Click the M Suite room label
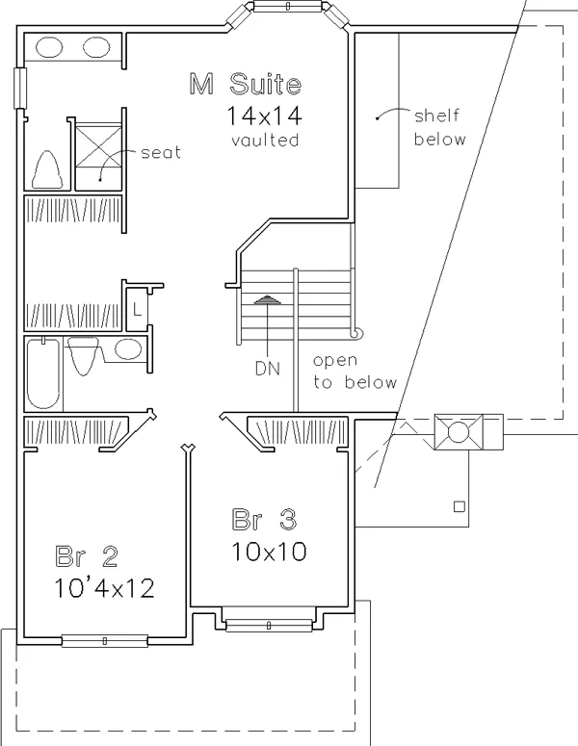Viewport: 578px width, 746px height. coord(246,84)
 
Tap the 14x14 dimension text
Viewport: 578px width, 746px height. coord(264,116)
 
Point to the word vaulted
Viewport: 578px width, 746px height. coord(265,141)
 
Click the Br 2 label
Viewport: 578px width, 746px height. coord(87,555)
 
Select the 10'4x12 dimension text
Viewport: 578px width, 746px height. coord(104,588)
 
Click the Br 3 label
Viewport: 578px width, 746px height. coord(264,520)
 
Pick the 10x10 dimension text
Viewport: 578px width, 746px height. coord(269,552)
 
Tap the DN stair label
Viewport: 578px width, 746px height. coord(268,369)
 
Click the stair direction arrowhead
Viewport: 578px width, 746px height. coord(267,299)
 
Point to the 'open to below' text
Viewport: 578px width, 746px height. coord(355,372)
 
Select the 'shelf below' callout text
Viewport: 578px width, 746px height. coord(439,127)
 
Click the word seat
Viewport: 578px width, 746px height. coord(161,153)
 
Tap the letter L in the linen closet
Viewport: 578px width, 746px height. coord(137,311)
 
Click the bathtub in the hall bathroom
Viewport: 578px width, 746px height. coord(43,373)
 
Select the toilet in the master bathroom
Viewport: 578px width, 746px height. coord(46,169)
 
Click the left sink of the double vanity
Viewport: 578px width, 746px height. coord(49,47)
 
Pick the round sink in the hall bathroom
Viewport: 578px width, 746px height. coord(128,349)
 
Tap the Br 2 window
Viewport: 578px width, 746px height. coord(105,641)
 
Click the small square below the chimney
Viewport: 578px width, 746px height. coord(459,506)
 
